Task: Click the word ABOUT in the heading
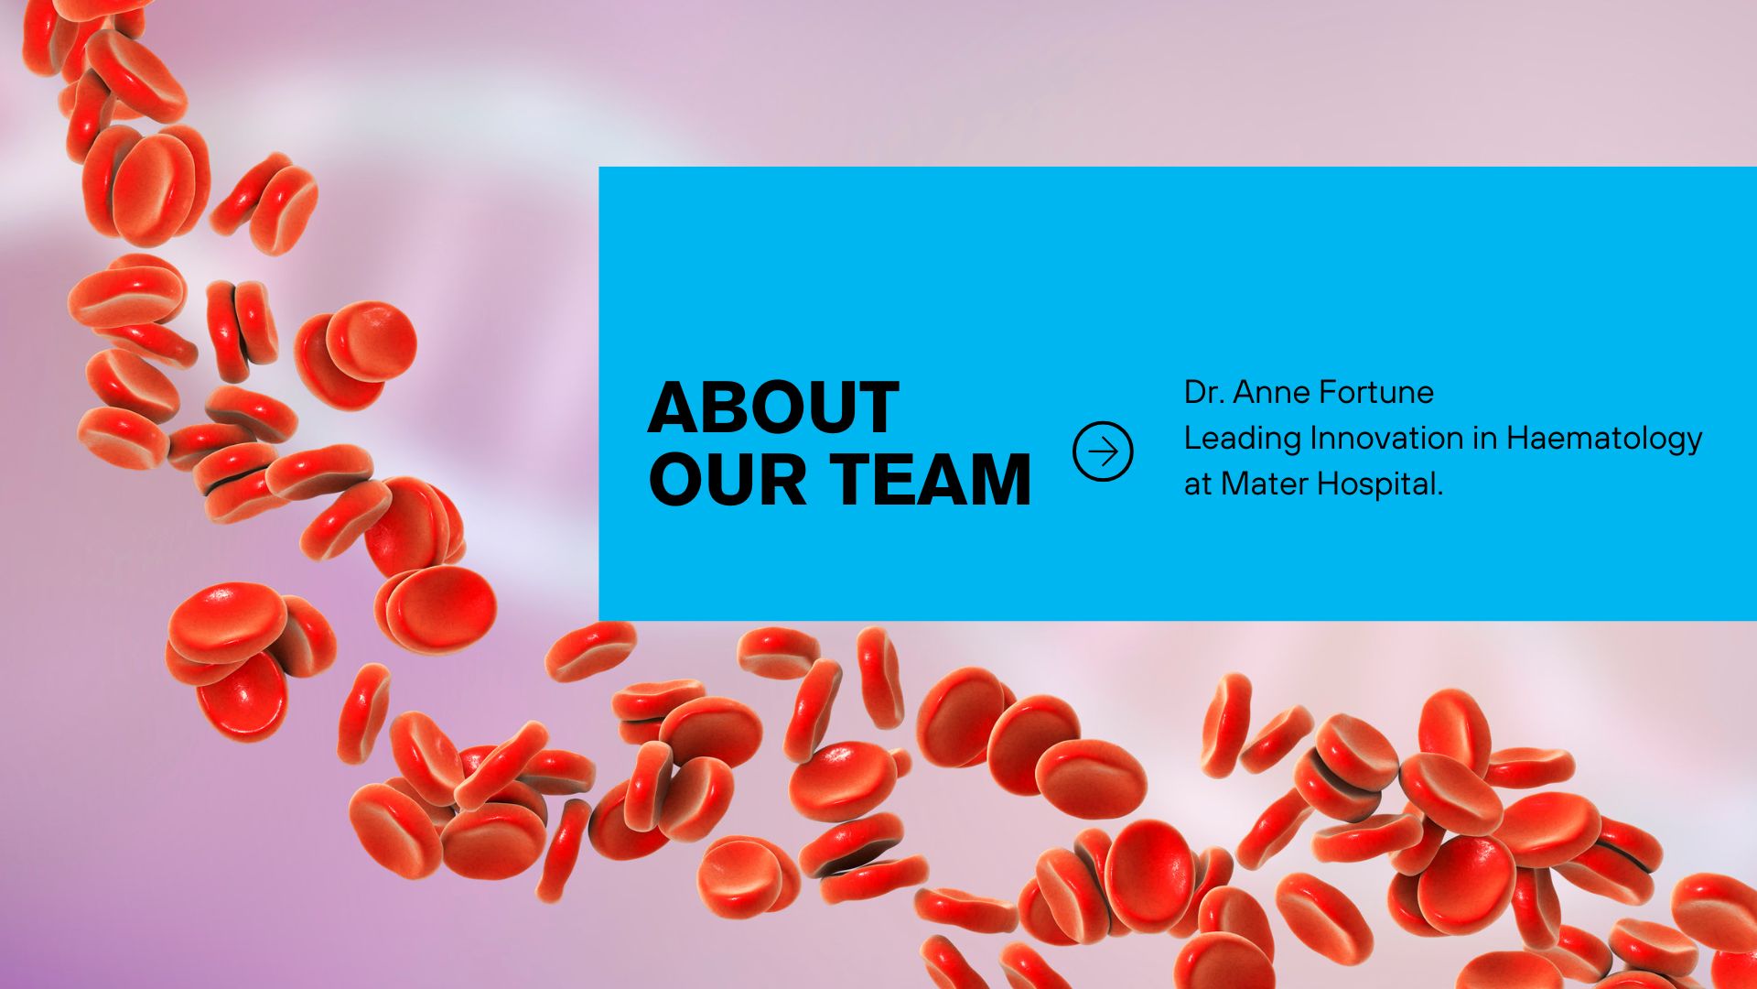click(x=773, y=408)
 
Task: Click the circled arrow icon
click(x=1103, y=451)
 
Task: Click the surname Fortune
click(x=1379, y=393)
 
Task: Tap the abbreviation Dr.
click(x=1203, y=393)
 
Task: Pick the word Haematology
click(x=1604, y=439)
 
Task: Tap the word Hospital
click(x=1380, y=484)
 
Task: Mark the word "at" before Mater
click(x=1197, y=484)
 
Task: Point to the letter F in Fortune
click(x=1332, y=393)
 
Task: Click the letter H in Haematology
click(x=1519, y=439)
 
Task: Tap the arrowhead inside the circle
click(x=1113, y=451)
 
